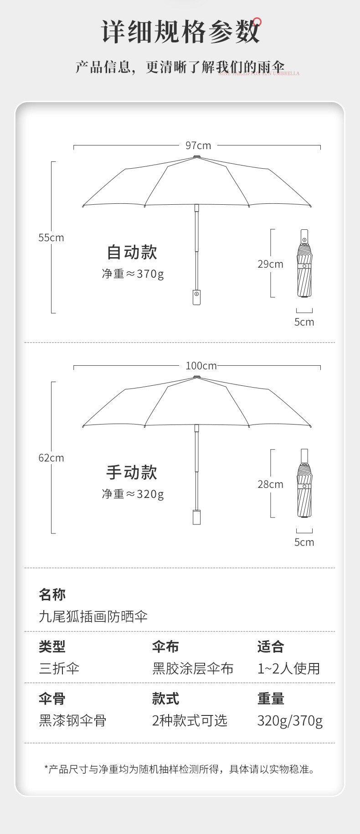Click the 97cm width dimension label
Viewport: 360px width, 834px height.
click(198, 145)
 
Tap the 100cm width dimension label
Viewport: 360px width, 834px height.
click(201, 366)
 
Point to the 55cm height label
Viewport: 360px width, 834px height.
click(51, 238)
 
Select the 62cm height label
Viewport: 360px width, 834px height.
click(51, 458)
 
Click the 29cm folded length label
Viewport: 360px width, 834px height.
click(270, 264)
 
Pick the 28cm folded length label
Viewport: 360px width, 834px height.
click(270, 484)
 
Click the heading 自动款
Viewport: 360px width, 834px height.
click(132, 252)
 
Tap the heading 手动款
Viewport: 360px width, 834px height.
click(132, 472)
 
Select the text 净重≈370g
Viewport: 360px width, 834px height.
click(133, 274)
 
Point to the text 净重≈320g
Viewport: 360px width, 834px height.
click(133, 494)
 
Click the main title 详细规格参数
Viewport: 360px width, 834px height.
click(180, 32)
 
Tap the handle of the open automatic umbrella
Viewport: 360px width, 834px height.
click(196, 297)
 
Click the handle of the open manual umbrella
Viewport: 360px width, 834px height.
click(196, 517)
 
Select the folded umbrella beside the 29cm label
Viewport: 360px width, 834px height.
click(304, 264)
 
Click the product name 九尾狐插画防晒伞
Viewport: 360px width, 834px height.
click(93, 616)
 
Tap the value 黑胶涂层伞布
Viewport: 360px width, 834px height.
click(193, 668)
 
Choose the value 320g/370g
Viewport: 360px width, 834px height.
click(290, 720)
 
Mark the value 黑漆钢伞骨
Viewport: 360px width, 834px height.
click(72, 720)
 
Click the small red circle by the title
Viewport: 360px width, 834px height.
click(257, 21)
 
